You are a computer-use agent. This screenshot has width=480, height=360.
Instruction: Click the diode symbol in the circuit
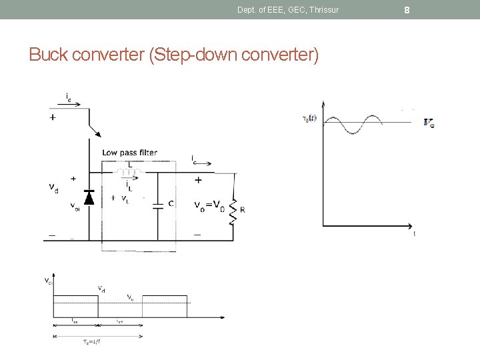(89, 197)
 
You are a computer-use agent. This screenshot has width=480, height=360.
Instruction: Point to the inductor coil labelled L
(129, 175)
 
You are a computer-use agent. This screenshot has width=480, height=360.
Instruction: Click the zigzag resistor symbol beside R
(233, 211)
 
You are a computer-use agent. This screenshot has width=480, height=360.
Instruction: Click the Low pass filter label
(130, 153)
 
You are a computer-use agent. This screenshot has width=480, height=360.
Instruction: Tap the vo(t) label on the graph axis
(311, 119)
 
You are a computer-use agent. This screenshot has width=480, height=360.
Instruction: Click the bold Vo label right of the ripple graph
(429, 122)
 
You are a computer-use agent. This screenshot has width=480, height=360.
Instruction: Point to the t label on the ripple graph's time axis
(415, 233)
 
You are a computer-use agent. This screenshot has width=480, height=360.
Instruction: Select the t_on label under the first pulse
(75, 321)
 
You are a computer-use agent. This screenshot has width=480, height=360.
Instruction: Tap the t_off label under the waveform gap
(119, 321)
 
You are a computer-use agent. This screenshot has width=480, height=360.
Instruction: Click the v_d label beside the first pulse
(101, 289)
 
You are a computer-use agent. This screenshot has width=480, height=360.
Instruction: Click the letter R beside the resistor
(243, 209)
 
